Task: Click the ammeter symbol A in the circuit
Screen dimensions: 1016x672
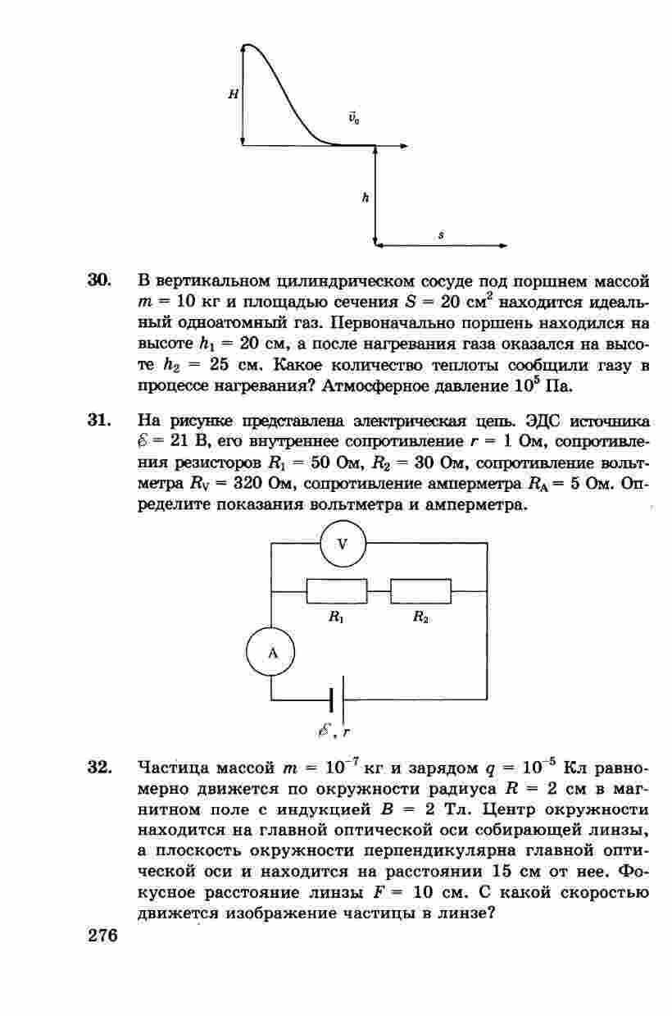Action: (x=271, y=653)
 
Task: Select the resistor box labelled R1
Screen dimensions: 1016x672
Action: (x=337, y=591)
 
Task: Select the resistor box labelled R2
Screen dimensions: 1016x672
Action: (x=421, y=591)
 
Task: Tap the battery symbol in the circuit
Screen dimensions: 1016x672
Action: (x=336, y=699)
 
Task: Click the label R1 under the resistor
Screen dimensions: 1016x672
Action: (x=336, y=619)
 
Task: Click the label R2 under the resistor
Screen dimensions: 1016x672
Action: (x=421, y=619)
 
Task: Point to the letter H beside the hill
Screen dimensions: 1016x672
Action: (x=234, y=94)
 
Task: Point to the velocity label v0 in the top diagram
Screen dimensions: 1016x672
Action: (x=353, y=117)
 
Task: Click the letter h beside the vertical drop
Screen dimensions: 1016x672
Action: (x=366, y=198)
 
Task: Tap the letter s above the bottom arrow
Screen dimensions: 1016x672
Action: (x=441, y=235)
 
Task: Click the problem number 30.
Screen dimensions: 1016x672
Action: (x=99, y=280)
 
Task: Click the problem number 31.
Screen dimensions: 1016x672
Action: (x=99, y=421)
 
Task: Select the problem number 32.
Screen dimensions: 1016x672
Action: (x=99, y=768)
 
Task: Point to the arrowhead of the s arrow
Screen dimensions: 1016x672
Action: (x=502, y=244)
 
